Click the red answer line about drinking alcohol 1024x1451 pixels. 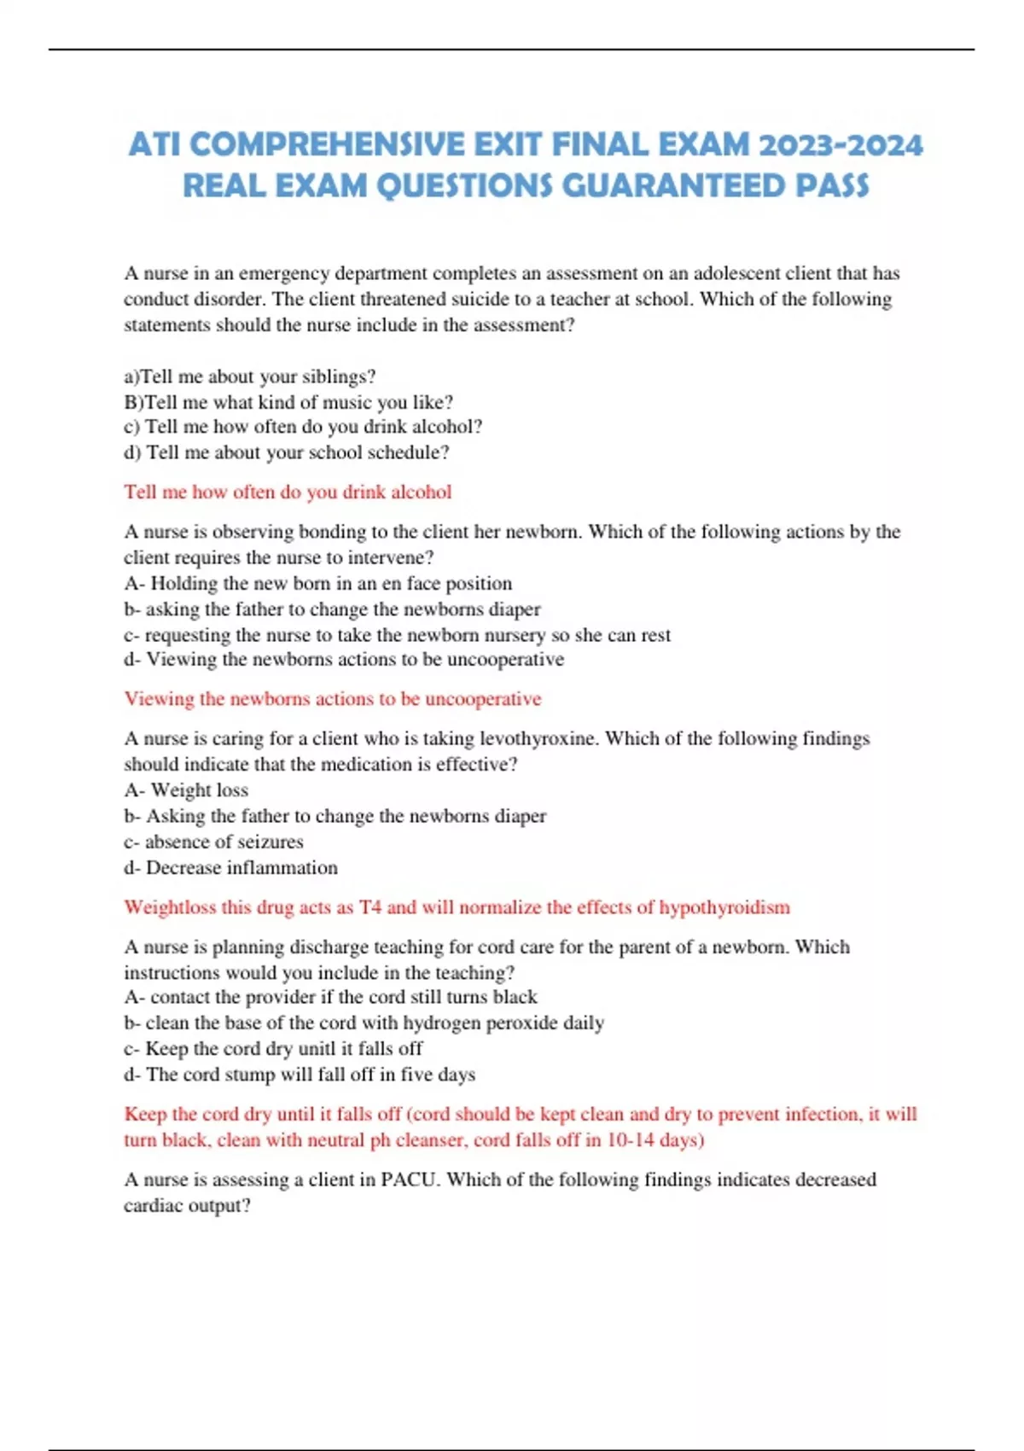click(288, 492)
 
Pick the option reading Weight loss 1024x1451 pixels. click(199, 790)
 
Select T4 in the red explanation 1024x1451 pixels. click(369, 907)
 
